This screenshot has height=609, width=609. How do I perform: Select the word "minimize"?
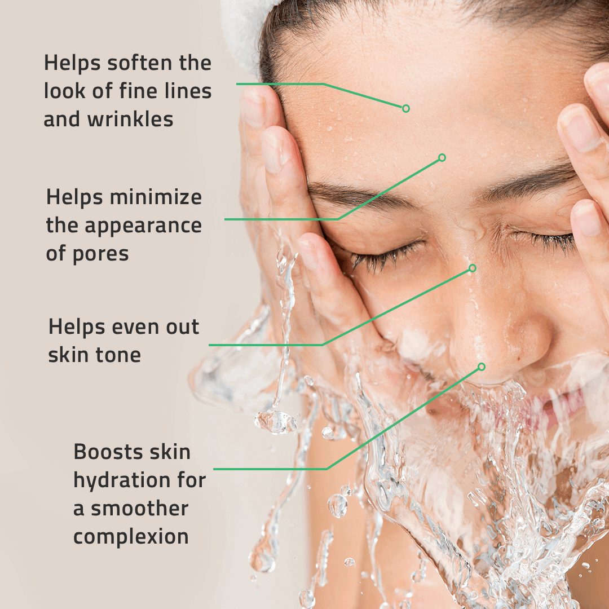(x=156, y=197)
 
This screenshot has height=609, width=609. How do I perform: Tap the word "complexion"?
(x=131, y=536)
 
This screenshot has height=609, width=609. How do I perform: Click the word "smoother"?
(x=139, y=508)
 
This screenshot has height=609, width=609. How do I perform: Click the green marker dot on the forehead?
(x=406, y=108)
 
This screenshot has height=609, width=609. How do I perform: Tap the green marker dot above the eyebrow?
(x=442, y=158)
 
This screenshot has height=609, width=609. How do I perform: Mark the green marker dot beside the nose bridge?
(x=473, y=268)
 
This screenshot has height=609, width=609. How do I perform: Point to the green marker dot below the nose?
(x=482, y=367)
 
